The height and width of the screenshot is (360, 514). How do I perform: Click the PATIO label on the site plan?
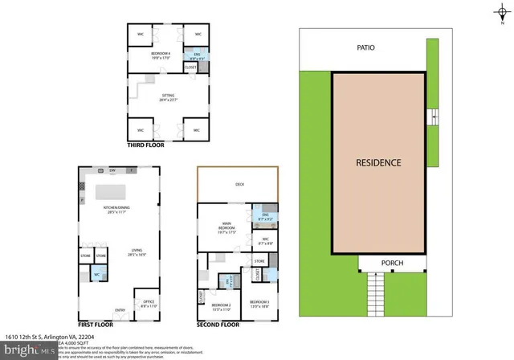click(x=366, y=48)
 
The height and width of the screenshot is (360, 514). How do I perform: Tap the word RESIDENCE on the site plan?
click(x=378, y=162)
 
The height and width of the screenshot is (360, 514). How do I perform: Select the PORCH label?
click(x=391, y=264)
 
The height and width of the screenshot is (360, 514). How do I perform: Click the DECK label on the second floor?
click(x=239, y=184)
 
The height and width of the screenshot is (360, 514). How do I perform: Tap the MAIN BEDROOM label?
click(x=226, y=227)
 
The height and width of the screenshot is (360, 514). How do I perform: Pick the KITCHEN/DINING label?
click(x=117, y=210)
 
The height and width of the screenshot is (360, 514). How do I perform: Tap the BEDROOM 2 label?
click(x=221, y=306)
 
